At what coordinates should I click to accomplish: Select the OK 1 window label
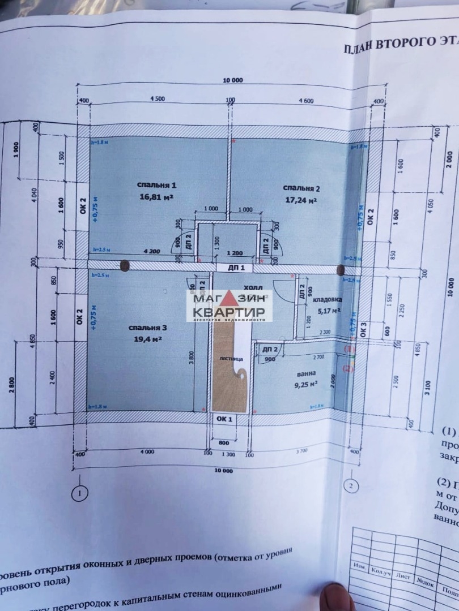(225, 419)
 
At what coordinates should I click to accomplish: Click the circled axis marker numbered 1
(80, 493)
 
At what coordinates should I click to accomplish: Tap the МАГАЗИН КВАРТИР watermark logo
(229, 306)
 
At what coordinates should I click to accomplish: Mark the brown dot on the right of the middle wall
(341, 269)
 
